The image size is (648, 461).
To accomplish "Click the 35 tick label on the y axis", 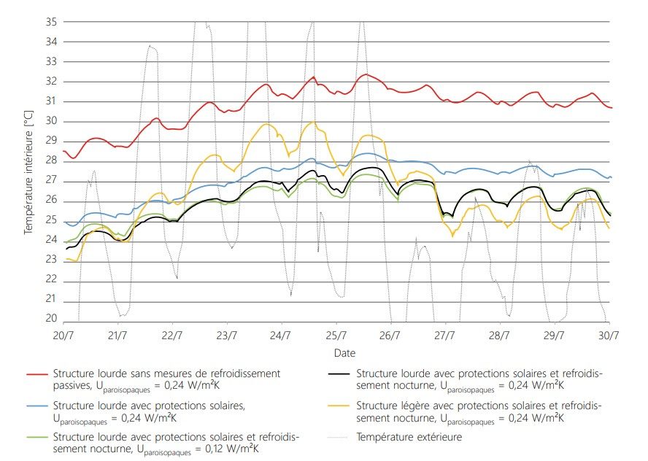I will point(51,22).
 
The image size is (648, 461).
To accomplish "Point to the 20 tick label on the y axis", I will point(51,319).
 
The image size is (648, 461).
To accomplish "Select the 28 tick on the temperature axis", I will point(51,160).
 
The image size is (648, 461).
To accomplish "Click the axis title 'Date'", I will point(335,352).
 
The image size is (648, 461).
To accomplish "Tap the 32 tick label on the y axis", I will point(51,82).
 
